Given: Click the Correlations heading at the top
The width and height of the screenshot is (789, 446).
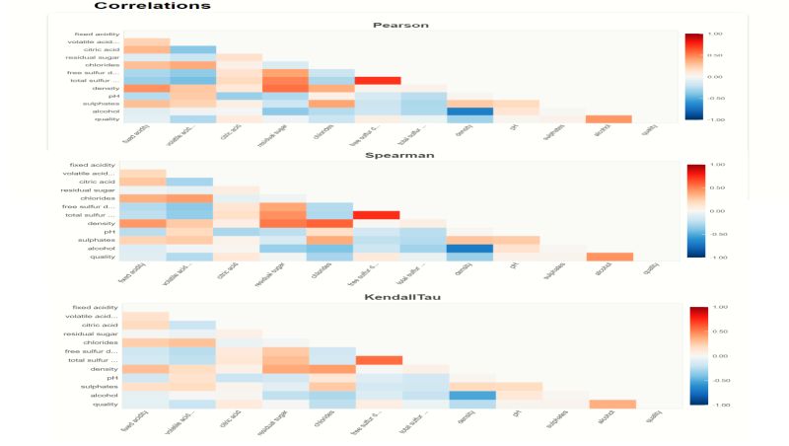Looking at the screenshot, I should tap(152, 6).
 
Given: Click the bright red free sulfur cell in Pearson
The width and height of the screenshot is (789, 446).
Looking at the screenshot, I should tap(378, 80).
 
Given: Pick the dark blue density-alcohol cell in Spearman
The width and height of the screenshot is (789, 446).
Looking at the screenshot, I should tap(470, 248).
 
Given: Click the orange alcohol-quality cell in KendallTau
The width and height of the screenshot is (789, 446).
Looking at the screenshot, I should tap(611, 403).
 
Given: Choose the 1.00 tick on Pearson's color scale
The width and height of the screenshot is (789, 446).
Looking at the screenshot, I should tap(716, 34).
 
